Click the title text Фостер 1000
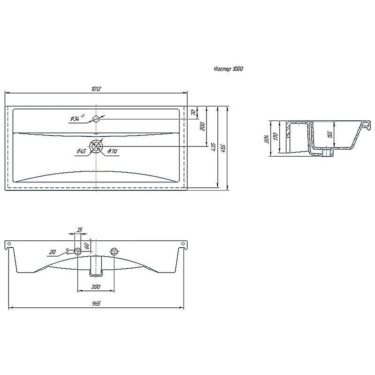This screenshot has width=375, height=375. pyautogui.click(x=228, y=69)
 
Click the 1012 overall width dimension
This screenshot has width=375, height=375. pyautogui.click(x=97, y=88)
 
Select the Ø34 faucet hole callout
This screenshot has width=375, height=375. pyautogui.click(x=77, y=119)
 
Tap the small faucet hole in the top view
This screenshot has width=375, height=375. pyautogui.click(x=96, y=119)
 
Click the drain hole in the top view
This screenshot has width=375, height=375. pyautogui.click(x=96, y=146)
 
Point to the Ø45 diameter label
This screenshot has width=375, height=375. pyautogui.click(x=80, y=151)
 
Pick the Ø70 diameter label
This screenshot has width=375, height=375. pyautogui.click(x=112, y=151)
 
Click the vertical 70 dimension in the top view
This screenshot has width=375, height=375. pyautogui.click(x=193, y=112)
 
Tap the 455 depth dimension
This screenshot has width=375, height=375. pyautogui.click(x=224, y=147)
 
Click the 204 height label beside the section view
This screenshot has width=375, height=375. pyautogui.click(x=266, y=138)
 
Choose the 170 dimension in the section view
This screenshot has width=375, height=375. pyautogui.click(x=276, y=137)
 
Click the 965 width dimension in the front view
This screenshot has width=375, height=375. pyautogui.click(x=96, y=304)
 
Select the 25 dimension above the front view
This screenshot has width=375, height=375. pyautogui.click(x=80, y=230)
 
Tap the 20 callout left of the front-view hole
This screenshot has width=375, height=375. pyautogui.click(x=52, y=252)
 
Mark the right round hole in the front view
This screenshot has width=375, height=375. pyautogui.click(x=114, y=252)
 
